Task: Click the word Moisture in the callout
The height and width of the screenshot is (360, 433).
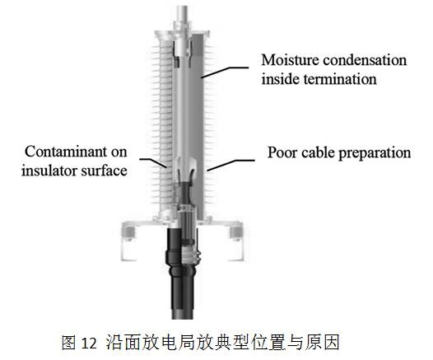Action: point(291,60)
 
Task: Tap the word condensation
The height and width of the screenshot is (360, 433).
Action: point(365,60)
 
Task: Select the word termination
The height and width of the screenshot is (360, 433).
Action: point(340,79)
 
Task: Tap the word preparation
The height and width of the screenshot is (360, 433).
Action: point(375,152)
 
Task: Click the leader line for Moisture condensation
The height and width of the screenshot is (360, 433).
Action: point(225,72)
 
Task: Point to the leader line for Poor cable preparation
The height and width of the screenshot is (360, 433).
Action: point(230,164)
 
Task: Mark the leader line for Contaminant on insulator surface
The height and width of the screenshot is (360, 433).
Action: point(153,162)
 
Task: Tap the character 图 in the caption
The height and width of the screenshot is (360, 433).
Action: point(68,343)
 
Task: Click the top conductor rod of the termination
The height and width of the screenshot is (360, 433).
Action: point(183,13)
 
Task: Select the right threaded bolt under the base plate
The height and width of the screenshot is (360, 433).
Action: point(235,231)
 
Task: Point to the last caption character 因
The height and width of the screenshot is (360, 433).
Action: point(332,343)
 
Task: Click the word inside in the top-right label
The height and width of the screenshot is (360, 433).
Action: point(281,79)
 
